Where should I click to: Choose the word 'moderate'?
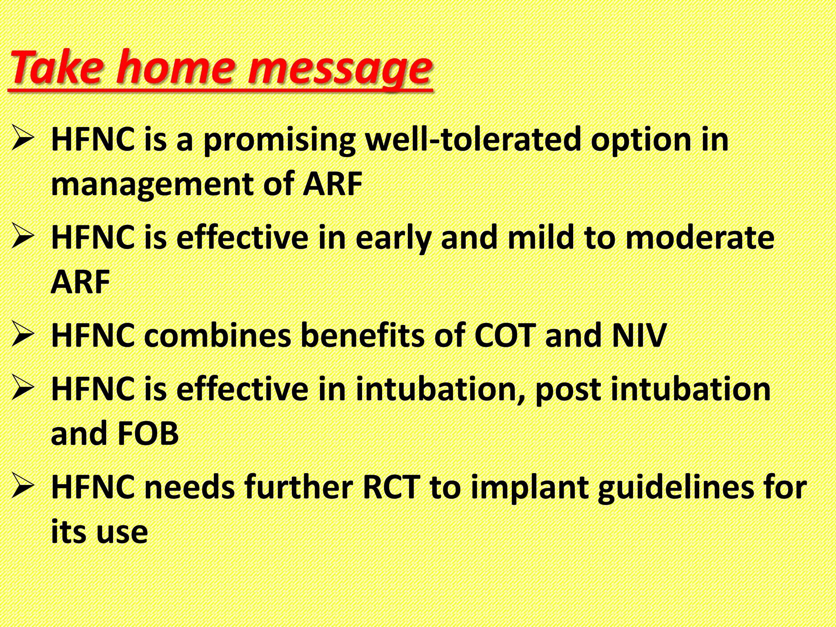tap(700, 238)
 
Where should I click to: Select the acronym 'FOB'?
tap(147, 434)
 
